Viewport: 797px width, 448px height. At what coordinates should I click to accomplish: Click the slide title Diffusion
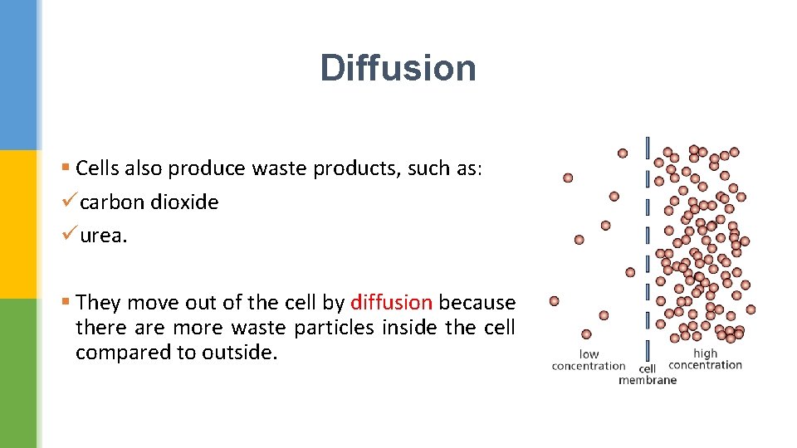click(398, 68)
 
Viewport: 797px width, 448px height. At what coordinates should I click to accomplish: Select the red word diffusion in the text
click(391, 302)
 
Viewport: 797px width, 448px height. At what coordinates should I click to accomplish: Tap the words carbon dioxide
click(149, 202)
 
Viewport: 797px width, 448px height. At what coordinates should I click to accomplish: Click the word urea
click(104, 236)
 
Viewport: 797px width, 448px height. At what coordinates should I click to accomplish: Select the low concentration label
click(589, 360)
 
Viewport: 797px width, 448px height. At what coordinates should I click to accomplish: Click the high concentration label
click(705, 359)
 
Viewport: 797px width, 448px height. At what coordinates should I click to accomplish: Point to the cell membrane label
click(648, 374)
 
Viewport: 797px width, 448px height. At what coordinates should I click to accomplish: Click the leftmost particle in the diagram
click(554, 301)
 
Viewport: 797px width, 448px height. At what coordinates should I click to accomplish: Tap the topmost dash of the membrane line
click(648, 147)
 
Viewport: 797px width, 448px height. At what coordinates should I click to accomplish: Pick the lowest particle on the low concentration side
click(586, 334)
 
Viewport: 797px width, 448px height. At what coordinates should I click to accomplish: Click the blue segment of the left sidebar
click(18, 75)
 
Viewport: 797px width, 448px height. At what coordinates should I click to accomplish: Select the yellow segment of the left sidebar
click(18, 224)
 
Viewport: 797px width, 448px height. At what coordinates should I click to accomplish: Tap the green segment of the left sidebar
click(18, 373)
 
